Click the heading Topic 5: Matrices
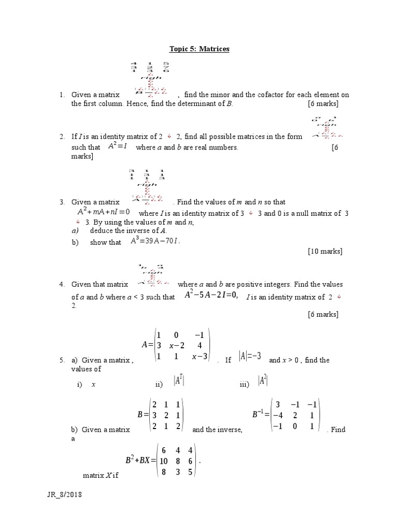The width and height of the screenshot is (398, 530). [x=200, y=49]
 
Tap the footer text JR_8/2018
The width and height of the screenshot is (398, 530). [x=64, y=495]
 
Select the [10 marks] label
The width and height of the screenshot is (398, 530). [x=325, y=252]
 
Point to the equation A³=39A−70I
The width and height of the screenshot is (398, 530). [x=155, y=241]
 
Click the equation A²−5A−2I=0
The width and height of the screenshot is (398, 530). [x=211, y=296]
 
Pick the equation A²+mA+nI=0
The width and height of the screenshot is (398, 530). [x=104, y=212]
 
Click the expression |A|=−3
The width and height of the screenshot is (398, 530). [x=250, y=357]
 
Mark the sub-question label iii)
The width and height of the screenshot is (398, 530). [x=245, y=385]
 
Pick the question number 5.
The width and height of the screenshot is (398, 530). [x=61, y=360]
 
